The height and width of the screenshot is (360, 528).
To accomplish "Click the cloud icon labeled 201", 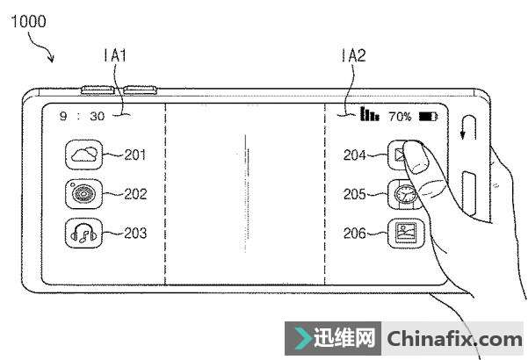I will point(84,156).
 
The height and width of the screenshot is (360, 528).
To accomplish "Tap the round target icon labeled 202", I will point(84,194).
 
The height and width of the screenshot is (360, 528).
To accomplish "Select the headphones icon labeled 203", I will point(84,234).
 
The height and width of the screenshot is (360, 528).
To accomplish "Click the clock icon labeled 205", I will point(402,194).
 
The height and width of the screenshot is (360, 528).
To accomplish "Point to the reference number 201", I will point(135,156).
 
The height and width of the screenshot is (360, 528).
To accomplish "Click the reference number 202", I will point(135,194).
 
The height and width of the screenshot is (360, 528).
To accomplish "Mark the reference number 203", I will point(135,234).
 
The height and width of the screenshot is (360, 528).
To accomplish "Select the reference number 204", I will point(355,156).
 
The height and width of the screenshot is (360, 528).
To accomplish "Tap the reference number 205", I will point(355,194).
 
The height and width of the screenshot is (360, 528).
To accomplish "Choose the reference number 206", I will point(355,234).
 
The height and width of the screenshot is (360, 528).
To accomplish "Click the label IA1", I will point(116,56).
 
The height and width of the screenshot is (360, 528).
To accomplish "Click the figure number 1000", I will point(27,21).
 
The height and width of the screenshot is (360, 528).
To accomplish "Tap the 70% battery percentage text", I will point(400,116).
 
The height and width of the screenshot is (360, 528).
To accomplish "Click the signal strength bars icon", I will point(369,114).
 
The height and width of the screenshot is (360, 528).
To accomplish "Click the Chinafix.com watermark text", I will point(454,338).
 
